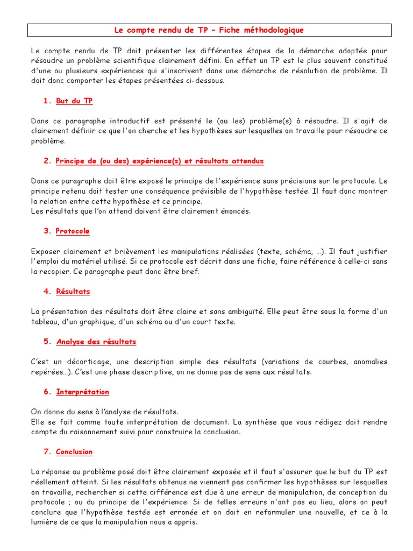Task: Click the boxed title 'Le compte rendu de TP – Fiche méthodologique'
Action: (x=209, y=30)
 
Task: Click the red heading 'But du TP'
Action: (x=74, y=101)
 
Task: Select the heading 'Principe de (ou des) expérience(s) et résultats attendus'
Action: (x=160, y=161)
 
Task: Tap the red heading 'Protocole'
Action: (x=73, y=231)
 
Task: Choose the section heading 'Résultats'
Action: (x=73, y=291)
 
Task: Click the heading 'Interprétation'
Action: (x=82, y=392)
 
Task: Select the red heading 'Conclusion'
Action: (x=74, y=451)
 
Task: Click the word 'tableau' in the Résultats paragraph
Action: (x=45, y=322)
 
